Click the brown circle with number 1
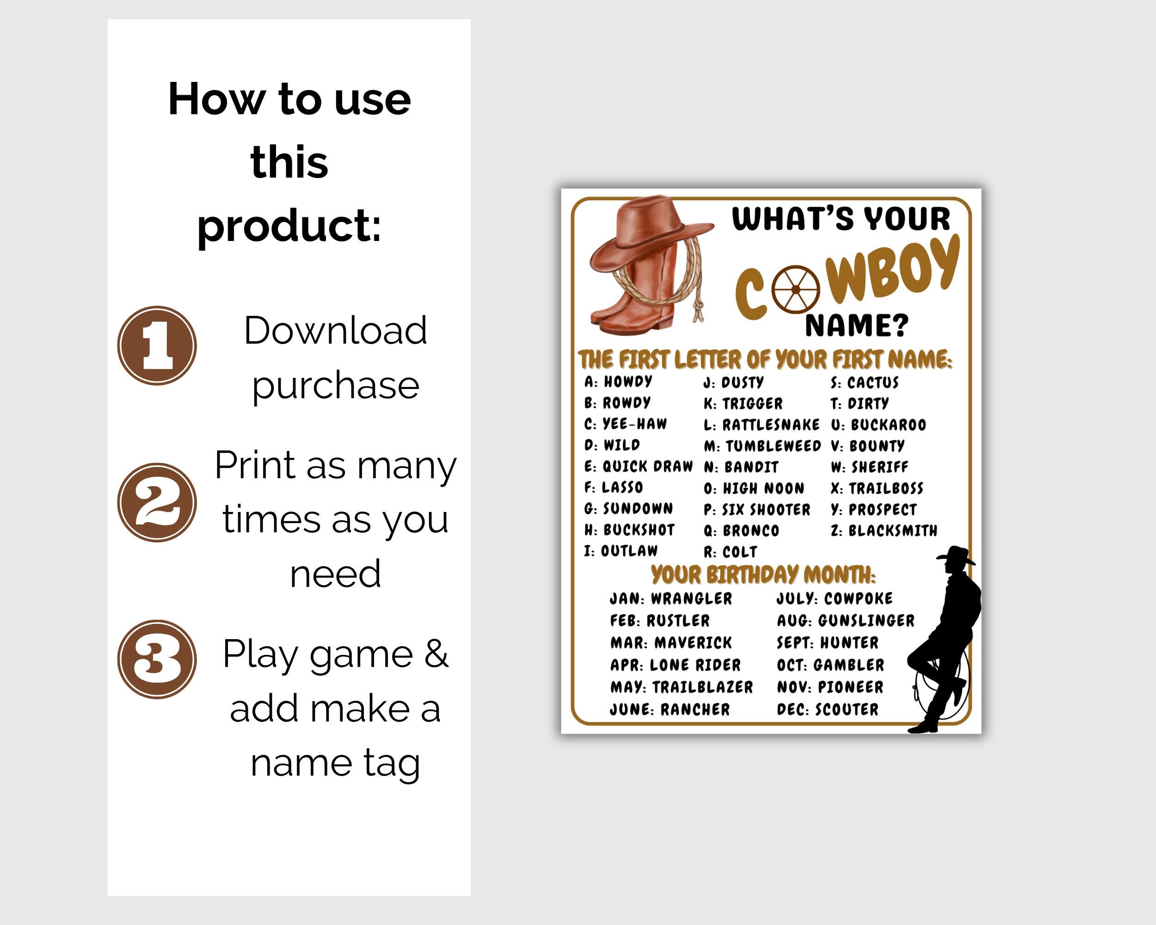coord(157,345)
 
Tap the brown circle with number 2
coord(157,502)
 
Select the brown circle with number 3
coord(157,659)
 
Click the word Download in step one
coord(335,330)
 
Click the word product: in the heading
coord(289,225)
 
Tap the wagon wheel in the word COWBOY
coord(796,290)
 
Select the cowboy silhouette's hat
coord(956,555)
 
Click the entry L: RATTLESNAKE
coord(762,425)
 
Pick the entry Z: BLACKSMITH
coord(884,530)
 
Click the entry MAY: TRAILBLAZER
coord(682,687)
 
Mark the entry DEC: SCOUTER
coord(827,709)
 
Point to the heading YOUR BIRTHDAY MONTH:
coord(763,574)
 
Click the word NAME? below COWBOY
coord(856,326)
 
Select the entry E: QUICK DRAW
coord(638,466)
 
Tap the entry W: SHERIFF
coord(869,467)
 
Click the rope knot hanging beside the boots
coord(699,310)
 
